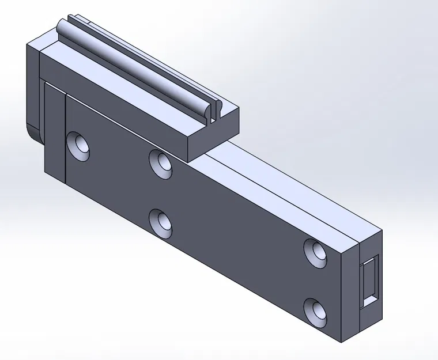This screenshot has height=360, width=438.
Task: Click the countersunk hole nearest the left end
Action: point(79,146)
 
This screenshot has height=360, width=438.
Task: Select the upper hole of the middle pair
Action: point(160,162)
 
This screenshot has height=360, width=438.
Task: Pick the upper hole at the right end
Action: point(316,252)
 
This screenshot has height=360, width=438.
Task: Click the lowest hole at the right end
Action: point(316,311)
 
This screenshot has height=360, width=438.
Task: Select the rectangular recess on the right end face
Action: point(369,282)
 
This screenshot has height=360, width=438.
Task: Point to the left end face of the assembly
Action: point(31,86)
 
